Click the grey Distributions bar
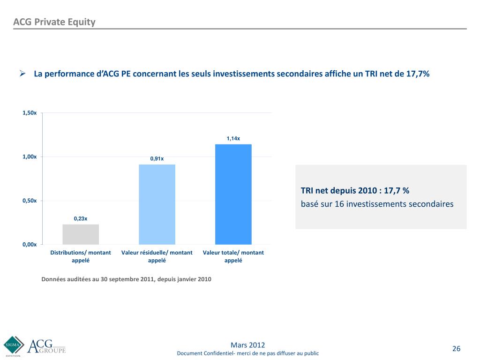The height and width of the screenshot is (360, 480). click(81, 234)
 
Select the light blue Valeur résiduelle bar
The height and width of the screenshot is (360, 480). click(157, 204)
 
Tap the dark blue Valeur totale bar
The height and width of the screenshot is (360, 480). click(233, 194)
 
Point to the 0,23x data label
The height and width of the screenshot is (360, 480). click(81, 218)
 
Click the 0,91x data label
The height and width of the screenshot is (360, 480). click(157, 158)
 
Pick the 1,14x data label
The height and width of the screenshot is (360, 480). click(233, 138)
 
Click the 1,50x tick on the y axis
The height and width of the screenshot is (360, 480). click(30, 113)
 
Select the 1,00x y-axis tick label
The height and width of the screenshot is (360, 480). click(30, 157)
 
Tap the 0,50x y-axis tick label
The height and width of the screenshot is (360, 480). click(30, 201)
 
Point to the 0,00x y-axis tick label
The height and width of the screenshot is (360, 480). click(30, 244)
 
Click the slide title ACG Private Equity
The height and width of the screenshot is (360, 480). click(54, 22)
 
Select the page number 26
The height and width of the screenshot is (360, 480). click(456, 348)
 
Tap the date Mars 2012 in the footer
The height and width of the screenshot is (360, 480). click(248, 345)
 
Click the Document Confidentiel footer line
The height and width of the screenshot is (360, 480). click(248, 353)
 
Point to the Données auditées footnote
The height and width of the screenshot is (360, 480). click(127, 279)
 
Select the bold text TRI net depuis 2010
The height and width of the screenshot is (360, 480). click(341, 191)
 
